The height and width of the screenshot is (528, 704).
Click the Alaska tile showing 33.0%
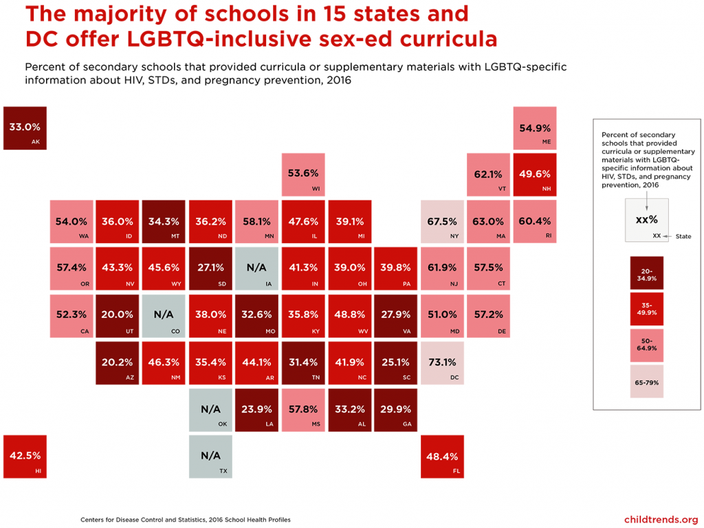coord(25,128)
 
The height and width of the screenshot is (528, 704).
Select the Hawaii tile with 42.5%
coord(25,457)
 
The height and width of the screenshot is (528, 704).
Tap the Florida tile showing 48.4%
coord(443,457)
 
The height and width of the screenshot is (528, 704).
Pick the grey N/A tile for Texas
coord(210,457)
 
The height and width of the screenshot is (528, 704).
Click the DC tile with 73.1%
coord(443,363)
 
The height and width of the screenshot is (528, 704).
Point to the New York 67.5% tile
coord(443,222)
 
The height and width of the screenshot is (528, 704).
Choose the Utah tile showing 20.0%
coord(118,316)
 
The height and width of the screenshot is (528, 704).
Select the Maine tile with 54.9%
coord(536,128)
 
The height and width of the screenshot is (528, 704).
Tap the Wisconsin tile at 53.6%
coord(303,174)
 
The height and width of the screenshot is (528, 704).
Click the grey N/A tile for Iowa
coord(257,268)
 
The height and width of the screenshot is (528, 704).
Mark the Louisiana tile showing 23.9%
coord(257,410)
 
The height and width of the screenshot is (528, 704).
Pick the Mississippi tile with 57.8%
coord(303,410)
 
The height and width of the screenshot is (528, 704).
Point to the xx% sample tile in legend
coord(646,220)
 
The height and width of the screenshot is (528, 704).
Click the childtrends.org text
coord(661,519)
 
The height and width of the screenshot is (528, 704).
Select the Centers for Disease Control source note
coord(185,520)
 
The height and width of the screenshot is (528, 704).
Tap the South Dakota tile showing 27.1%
coord(210,268)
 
